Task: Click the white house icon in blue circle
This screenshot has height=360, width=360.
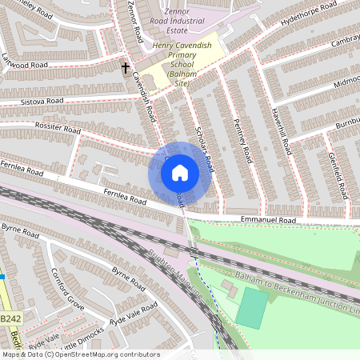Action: pyautogui.click(x=180, y=173)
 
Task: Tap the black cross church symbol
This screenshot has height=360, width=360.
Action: pyautogui.click(x=126, y=68)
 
